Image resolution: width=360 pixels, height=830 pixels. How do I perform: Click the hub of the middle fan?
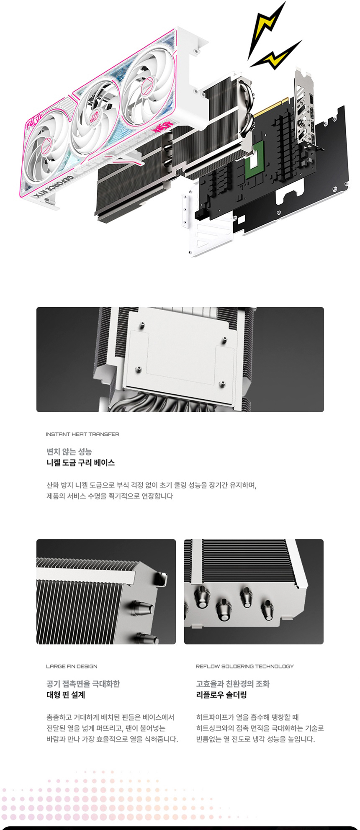coord(96,114)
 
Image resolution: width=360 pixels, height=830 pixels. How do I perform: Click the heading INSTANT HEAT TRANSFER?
coord(82,434)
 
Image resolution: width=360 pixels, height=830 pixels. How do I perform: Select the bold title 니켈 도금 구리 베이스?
coord(80,463)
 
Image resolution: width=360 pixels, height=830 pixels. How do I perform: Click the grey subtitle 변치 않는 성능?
coord(69,452)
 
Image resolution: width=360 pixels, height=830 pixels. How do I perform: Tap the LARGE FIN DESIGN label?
coord(71,666)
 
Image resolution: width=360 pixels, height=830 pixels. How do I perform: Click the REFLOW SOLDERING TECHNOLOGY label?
coord(244,666)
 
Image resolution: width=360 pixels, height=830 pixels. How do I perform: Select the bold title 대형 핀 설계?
coord(65,695)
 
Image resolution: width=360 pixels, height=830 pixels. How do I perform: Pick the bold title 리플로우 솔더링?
coord(221,695)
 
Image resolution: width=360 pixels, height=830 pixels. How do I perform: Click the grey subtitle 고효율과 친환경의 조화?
coord(233,684)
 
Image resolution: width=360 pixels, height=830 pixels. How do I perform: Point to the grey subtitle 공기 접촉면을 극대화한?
coord(83,684)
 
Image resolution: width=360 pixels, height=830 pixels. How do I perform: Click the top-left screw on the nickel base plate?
coord(143,325)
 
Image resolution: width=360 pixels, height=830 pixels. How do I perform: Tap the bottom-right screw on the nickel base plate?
coord(222,383)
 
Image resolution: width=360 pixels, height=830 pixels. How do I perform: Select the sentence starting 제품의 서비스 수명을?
coord(109,496)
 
